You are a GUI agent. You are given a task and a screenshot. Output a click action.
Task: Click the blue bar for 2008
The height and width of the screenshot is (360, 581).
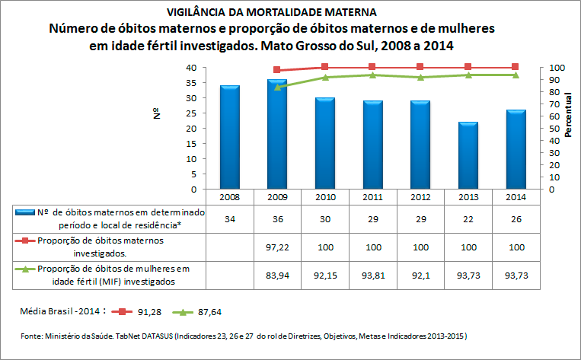point(230,137)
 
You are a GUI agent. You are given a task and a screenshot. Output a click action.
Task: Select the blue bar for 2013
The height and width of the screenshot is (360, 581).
point(468,155)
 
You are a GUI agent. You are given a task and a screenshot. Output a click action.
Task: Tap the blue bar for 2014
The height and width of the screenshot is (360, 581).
point(516,149)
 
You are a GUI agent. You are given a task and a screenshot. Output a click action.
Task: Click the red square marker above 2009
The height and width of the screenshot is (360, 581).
point(276,69)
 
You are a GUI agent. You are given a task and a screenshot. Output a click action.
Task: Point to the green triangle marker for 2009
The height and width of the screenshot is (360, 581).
point(277,88)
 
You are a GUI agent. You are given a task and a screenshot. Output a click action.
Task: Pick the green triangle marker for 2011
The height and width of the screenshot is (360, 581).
point(372,75)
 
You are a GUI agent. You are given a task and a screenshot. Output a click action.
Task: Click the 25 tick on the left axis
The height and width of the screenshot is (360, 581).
point(191,113)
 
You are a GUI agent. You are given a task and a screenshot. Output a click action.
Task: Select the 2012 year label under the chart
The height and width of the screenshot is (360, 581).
point(420,197)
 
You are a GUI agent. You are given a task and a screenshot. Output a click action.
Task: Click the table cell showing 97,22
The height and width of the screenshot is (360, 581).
point(277,247)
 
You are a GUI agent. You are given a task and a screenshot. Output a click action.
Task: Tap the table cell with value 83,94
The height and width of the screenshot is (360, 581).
point(277,276)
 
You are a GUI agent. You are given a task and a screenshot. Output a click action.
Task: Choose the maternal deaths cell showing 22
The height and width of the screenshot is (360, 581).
point(468,219)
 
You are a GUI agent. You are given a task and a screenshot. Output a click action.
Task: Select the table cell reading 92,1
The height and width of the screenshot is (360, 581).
point(420,276)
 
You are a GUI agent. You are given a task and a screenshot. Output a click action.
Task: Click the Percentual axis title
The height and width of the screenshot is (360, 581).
point(568,114)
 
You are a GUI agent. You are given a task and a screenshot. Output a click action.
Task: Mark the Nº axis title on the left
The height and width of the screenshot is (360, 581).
point(157,113)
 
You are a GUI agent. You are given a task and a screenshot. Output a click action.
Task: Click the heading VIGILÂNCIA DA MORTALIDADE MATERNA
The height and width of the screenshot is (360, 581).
point(272,12)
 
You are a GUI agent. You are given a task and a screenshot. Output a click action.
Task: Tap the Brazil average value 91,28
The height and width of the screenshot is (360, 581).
point(150,312)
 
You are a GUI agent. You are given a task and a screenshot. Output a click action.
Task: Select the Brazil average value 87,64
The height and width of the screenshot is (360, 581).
point(209,312)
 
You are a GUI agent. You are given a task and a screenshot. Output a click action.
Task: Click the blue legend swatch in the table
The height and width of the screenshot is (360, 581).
point(25,212)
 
